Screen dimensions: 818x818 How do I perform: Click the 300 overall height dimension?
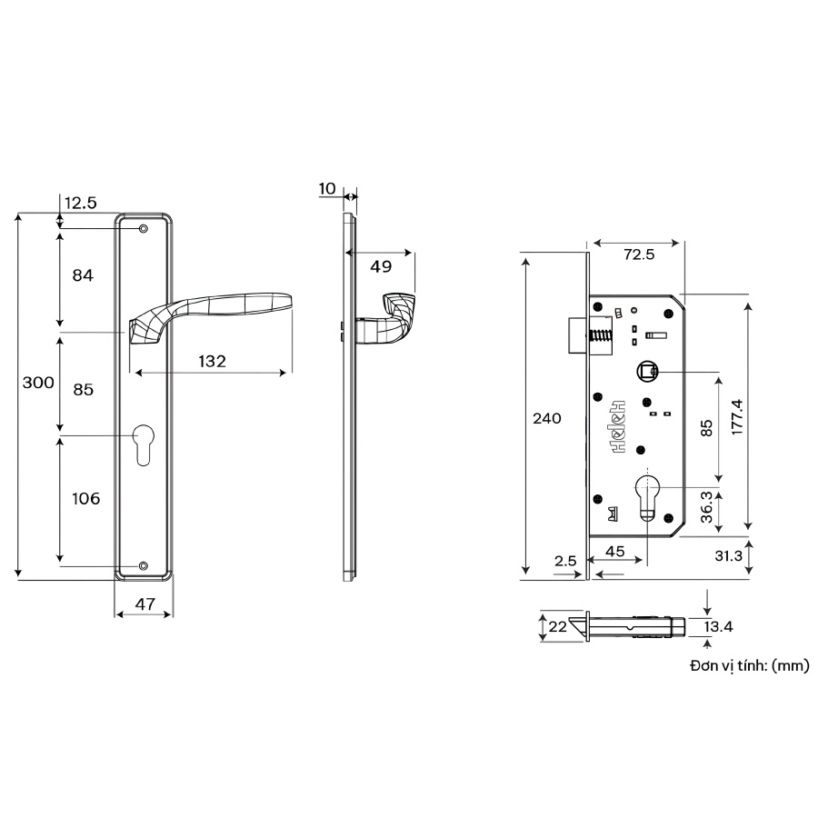[38, 384]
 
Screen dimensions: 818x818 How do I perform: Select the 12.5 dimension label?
[80, 203]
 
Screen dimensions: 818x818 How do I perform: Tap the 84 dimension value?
[83, 274]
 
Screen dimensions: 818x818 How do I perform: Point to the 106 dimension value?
[85, 498]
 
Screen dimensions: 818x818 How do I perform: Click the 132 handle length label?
[211, 361]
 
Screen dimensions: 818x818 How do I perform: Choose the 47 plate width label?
[144, 603]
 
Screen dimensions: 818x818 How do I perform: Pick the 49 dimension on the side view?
[381, 266]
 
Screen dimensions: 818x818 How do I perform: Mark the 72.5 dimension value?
[639, 254]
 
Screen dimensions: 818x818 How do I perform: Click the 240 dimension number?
[546, 419]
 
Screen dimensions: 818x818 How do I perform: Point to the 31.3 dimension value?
[730, 556]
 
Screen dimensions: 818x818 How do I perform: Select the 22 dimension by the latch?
[557, 626]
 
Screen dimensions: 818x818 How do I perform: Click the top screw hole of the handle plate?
[144, 229]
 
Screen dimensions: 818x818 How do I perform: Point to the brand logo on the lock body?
[619, 425]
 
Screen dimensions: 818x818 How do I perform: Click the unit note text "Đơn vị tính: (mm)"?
[749, 666]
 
